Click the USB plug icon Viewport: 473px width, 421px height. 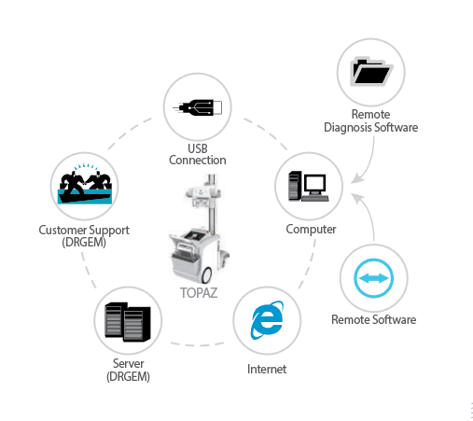[x=198, y=107]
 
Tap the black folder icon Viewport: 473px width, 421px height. [x=371, y=71]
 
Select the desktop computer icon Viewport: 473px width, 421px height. [x=309, y=186]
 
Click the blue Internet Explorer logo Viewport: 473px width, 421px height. [x=267, y=320]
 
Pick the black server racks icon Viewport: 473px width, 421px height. [x=128, y=322]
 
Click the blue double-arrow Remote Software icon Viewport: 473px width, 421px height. [x=373, y=278]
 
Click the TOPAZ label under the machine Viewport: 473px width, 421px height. [x=199, y=293]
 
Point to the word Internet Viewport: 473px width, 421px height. [x=267, y=369]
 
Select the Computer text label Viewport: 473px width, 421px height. [x=311, y=230]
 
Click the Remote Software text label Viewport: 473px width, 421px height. [x=373, y=319]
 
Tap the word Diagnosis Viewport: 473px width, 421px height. [x=348, y=128]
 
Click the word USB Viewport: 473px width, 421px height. [x=198, y=148]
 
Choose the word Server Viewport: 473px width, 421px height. [x=128, y=363]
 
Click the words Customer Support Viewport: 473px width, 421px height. [x=84, y=231]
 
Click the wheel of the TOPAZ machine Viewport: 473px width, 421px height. [x=206, y=274]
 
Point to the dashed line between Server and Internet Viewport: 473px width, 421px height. [x=197, y=344]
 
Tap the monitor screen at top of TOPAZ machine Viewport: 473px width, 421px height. [x=201, y=192]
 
